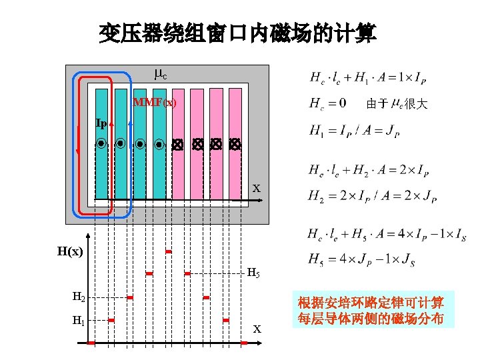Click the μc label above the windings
coord(160,75)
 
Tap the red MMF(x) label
coord(155,103)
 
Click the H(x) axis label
coord(70,252)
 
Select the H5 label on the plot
coord(253,273)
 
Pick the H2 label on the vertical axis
coord(79,297)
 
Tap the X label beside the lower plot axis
coord(257,329)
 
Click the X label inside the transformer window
coord(256,189)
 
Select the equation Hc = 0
coord(328,104)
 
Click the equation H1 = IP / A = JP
coord(354,131)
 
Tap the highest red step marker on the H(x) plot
coord(169,251)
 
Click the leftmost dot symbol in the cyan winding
coord(101,143)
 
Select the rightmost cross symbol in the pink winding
coord(234,143)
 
